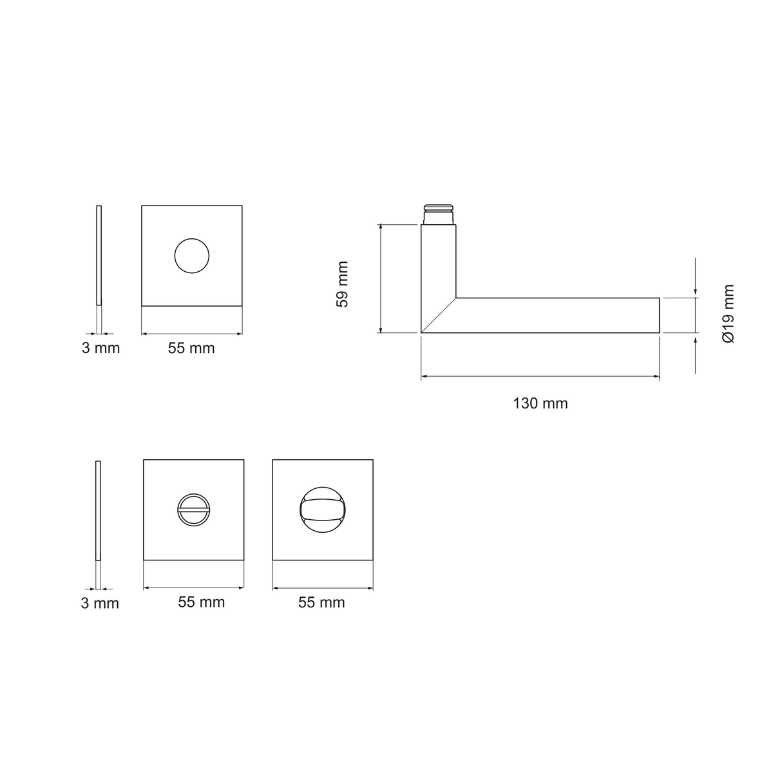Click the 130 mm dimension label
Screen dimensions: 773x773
[x=540, y=403]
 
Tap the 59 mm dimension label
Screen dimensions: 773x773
[x=342, y=284]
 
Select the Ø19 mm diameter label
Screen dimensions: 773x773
[x=728, y=313]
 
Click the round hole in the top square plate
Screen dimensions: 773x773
[x=192, y=256]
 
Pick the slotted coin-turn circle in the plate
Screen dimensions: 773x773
[x=194, y=510]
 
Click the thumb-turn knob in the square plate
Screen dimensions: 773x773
[x=323, y=510]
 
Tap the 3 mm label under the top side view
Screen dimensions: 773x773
[x=100, y=348]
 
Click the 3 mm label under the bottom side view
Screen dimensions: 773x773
[x=100, y=604]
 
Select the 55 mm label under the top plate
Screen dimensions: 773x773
[x=191, y=348]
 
